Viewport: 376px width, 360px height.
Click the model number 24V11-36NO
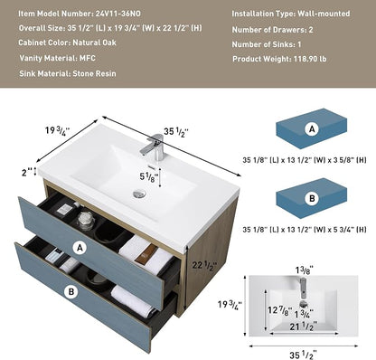(x=118, y=14)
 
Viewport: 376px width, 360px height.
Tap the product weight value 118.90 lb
(x=310, y=59)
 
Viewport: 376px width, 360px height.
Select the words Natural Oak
(x=94, y=43)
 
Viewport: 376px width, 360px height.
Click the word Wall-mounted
(x=324, y=14)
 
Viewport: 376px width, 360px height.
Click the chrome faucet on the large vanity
(x=154, y=147)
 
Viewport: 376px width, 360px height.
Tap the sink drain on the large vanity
(x=139, y=194)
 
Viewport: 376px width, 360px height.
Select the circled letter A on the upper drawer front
(x=80, y=248)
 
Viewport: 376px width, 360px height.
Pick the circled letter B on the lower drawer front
(x=71, y=291)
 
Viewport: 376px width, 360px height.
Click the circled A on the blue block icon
(x=312, y=129)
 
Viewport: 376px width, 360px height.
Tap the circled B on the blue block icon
(x=312, y=198)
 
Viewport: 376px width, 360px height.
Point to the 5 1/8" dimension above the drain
(x=149, y=177)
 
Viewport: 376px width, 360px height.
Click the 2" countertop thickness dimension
(x=27, y=172)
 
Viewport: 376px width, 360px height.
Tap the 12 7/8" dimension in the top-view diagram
(x=280, y=310)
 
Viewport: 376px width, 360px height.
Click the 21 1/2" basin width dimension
(x=304, y=327)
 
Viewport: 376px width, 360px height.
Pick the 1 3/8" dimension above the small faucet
(x=304, y=270)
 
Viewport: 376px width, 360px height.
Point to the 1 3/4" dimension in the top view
(x=304, y=314)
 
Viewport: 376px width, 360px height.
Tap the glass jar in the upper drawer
(x=86, y=221)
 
